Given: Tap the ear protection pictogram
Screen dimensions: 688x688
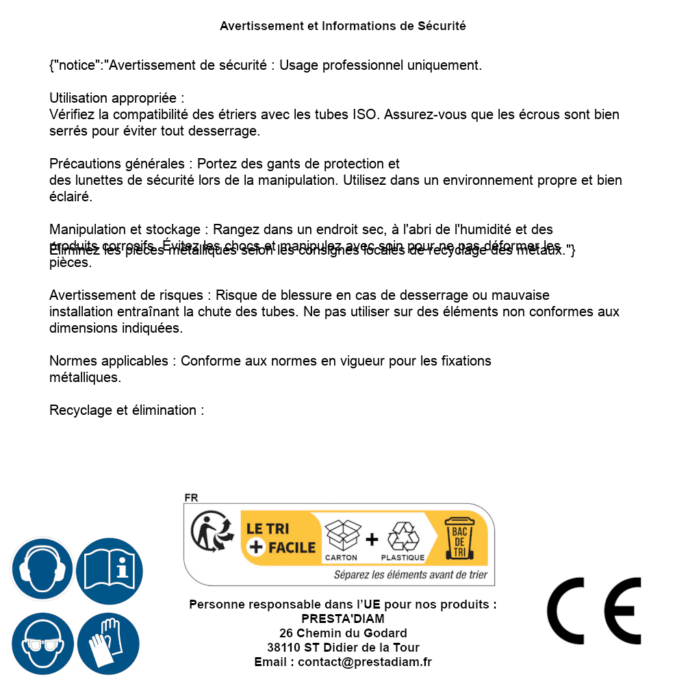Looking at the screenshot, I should [x=42, y=569].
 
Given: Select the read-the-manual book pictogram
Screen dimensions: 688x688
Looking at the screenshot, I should [x=110, y=569].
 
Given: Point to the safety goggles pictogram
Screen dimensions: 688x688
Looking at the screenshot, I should [x=42, y=644].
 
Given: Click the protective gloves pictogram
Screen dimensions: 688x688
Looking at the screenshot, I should [x=108, y=644].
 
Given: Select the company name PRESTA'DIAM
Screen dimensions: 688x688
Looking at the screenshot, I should [x=343, y=619].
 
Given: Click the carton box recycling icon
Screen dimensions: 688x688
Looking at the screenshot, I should [x=342, y=535].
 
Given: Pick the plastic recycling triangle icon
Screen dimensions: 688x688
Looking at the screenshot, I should [x=403, y=536].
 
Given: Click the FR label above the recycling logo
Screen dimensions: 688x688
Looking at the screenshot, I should [x=191, y=498].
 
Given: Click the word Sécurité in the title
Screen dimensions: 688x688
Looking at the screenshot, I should [x=442, y=26].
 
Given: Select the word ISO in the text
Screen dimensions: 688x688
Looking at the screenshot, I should [x=365, y=114].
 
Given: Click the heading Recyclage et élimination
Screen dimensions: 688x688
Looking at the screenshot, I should [x=127, y=410].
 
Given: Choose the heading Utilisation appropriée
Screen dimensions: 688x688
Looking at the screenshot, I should [x=116, y=98].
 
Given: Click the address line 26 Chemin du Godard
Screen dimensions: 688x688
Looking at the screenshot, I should [x=343, y=633].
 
